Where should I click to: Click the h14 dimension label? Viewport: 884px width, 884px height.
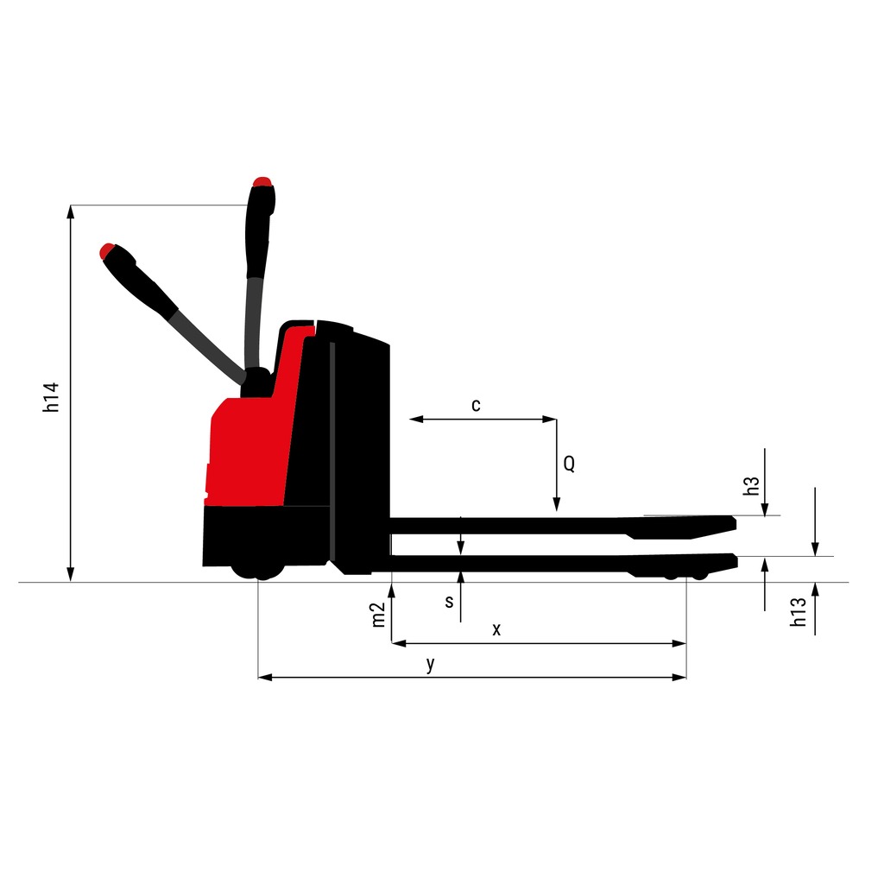click(51, 397)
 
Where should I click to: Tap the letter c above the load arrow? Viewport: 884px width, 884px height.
click(477, 406)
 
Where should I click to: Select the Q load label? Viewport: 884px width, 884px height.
click(570, 464)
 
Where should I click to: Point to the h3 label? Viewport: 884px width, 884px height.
click(751, 486)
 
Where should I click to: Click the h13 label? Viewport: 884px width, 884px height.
click(799, 612)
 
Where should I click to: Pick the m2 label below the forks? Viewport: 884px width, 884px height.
click(378, 615)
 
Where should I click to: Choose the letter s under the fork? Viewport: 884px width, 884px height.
click(449, 602)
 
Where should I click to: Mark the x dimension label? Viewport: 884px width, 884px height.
click(496, 629)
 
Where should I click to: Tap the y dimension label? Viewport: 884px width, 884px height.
click(431, 664)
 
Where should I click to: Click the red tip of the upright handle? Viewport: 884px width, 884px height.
click(262, 181)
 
